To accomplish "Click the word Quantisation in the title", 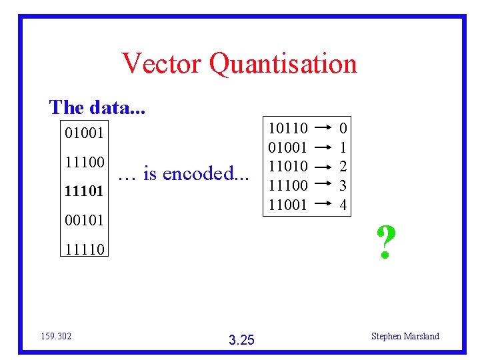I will coord(283,65).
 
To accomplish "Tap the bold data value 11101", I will coord(85,192).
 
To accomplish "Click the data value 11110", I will coord(85,250).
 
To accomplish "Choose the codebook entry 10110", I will coord(287,127).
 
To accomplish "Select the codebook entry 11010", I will coord(287,166).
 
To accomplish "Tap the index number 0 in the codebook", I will coord(343,127).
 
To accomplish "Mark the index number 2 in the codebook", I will coord(343,166).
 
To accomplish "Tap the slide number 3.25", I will coord(241,341).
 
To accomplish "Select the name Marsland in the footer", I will coord(421,336).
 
